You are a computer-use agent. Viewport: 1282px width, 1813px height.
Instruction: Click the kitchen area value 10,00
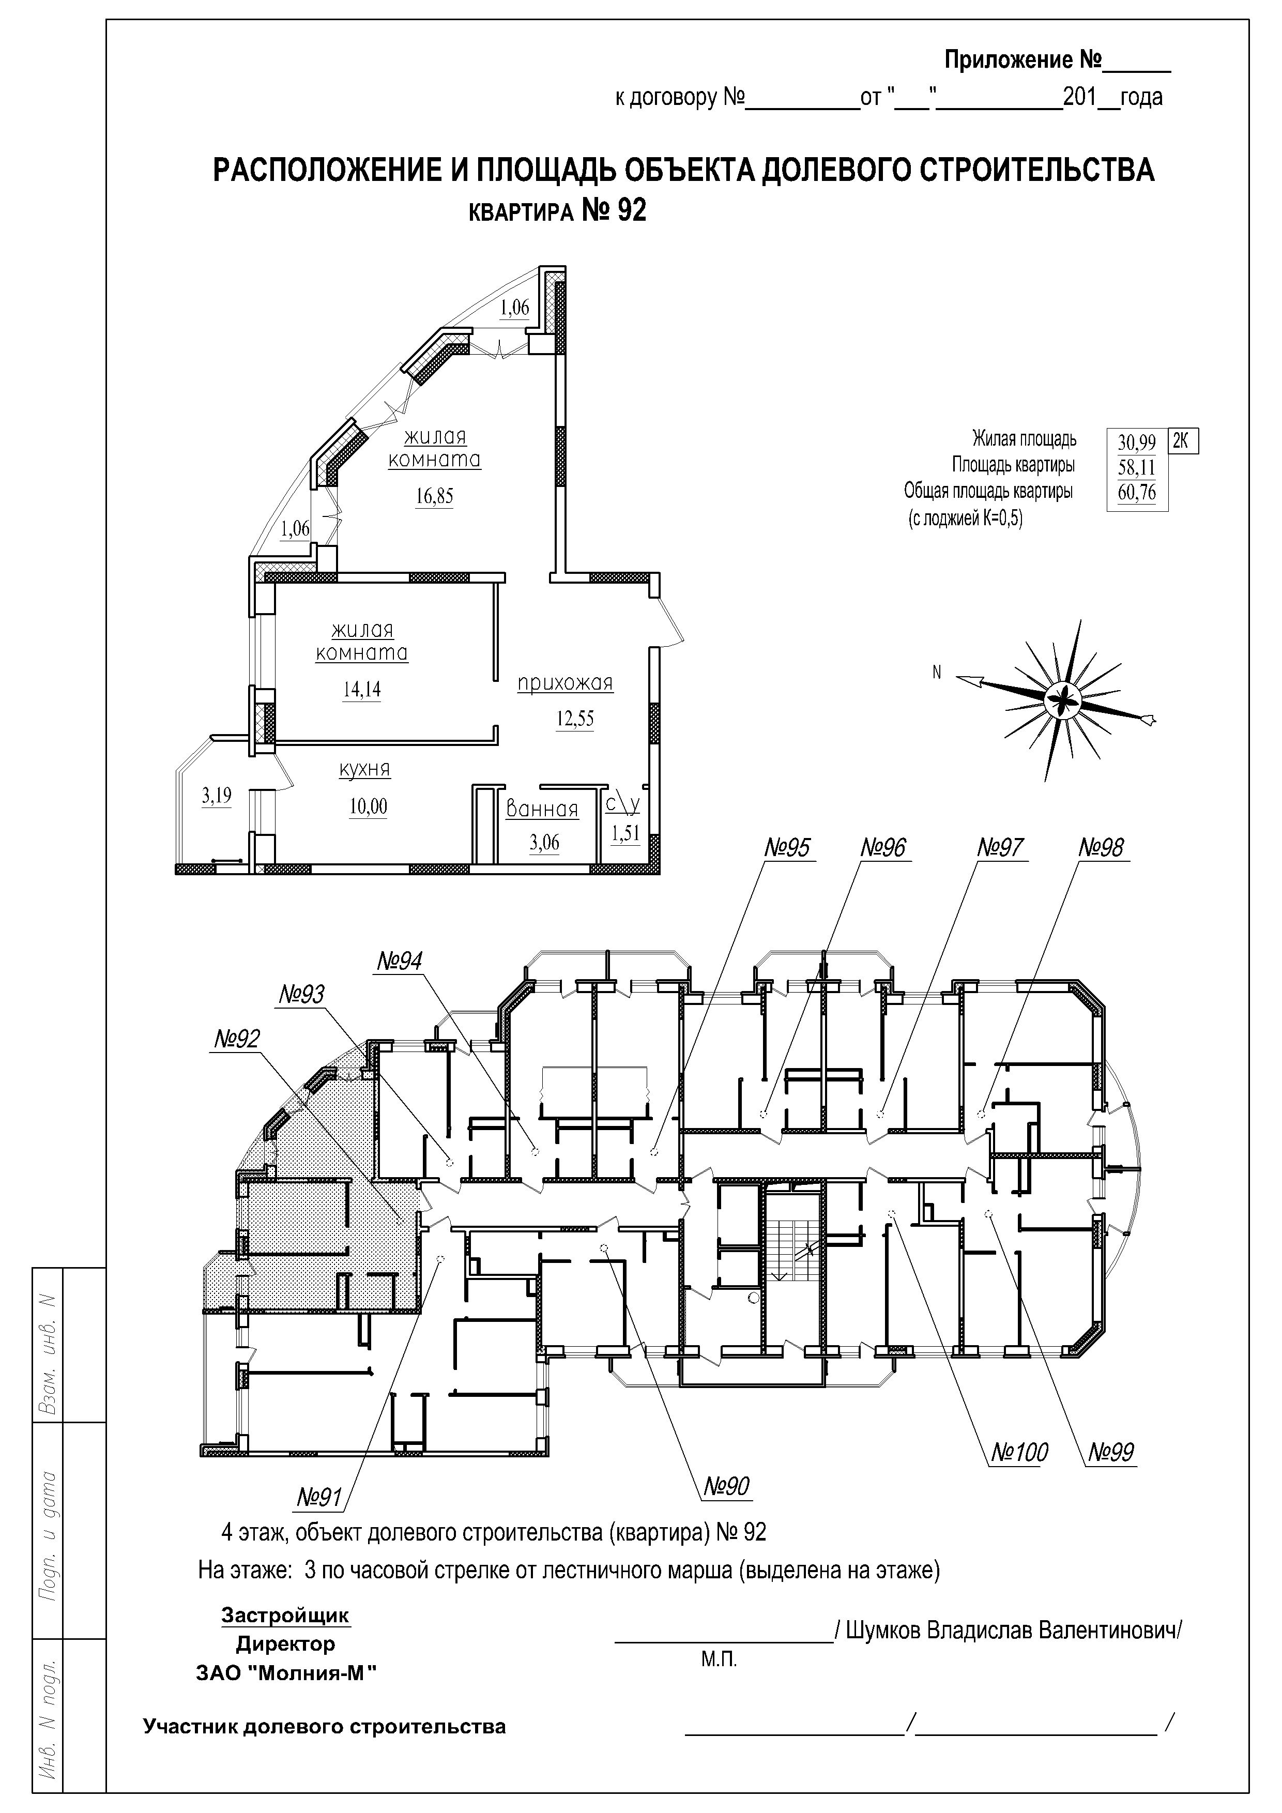pyautogui.click(x=369, y=807)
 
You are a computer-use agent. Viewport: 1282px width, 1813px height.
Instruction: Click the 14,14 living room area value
pyautogui.click(x=361, y=689)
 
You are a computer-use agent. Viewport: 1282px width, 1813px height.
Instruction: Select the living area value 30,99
pyautogui.click(x=1137, y=442)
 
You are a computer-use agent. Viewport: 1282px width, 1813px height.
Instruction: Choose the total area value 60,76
pyautogui.click(x=1137, y=493)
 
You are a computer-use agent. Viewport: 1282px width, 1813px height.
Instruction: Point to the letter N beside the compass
pyautogui.click(x=937, y=673)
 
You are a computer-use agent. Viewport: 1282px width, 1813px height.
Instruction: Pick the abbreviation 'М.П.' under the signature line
pyautogui.click(x=719, y=1659)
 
